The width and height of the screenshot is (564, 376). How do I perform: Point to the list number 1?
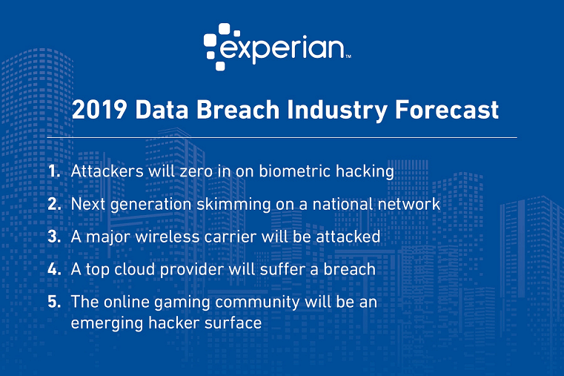(x=53, y=171)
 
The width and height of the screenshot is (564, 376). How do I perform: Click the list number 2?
(x=54, y=203)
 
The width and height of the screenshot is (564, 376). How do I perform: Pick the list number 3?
(x=54, y=236)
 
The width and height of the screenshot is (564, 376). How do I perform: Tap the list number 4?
(x=54, y=268)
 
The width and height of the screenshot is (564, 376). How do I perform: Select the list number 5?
(x=54, y=302)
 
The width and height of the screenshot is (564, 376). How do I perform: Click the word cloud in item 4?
(x=127, y=268)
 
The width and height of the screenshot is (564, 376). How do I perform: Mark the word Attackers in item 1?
(x=102, y=171)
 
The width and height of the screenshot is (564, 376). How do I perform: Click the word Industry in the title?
(x=341, y=111)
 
